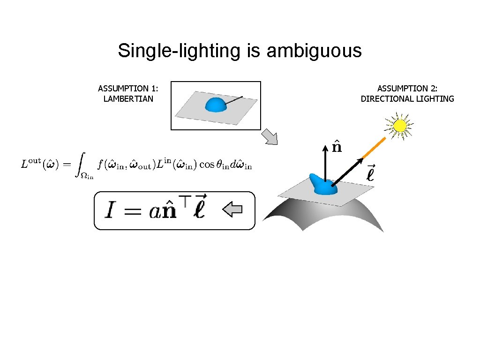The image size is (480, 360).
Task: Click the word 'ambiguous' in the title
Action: [314, 51]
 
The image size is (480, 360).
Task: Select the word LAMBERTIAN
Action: [128, 98]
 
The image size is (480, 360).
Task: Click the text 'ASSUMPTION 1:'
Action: [128, 88]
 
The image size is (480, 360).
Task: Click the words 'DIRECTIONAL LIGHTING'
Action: [407, 98]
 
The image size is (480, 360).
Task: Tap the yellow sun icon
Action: [400, 126]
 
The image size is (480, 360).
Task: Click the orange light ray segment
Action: [374, 149]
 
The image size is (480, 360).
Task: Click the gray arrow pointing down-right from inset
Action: [269, 136]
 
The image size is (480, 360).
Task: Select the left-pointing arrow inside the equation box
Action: [232, 210]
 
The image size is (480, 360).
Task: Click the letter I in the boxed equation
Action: [109, 211]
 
